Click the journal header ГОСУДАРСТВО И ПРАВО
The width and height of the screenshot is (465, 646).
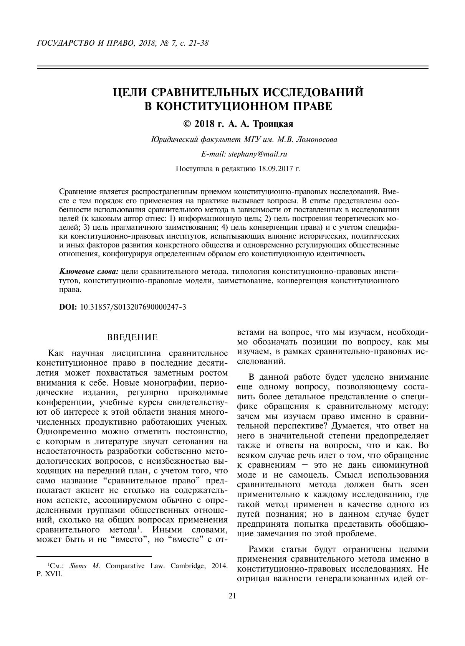click(84, 43)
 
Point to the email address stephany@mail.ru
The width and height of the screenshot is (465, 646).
click(258, 154)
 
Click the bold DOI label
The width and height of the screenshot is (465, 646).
click(68, 307)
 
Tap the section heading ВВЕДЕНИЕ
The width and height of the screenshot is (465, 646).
click(132, 338)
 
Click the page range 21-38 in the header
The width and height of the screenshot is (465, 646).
click(198, 43)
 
